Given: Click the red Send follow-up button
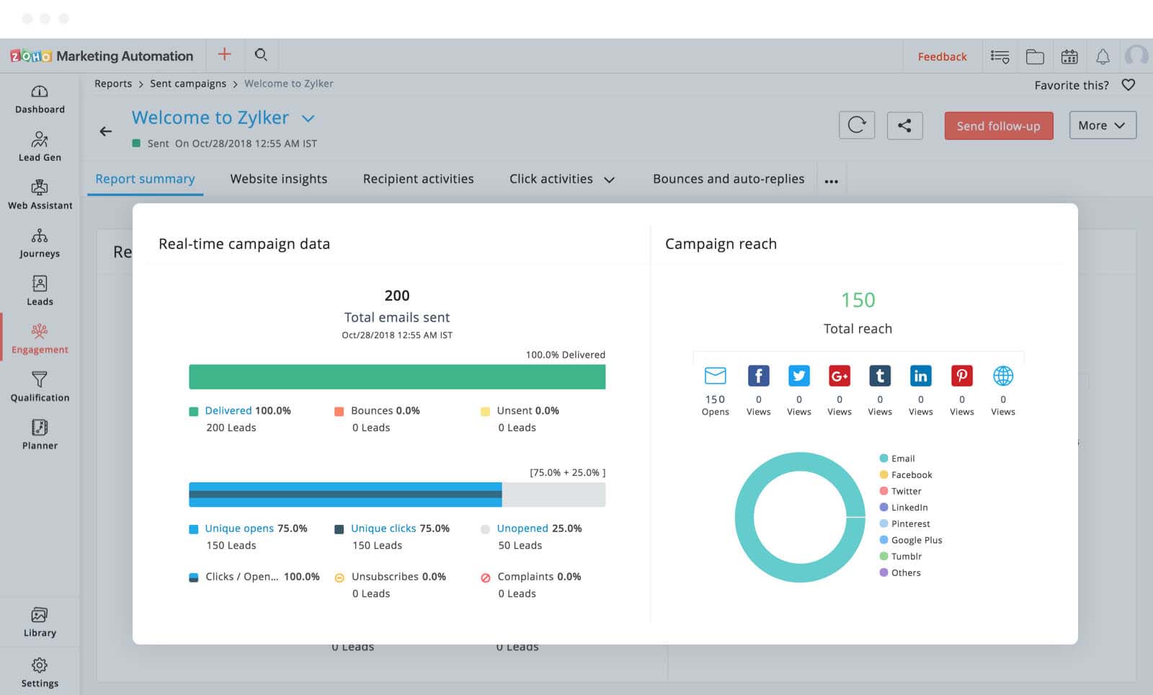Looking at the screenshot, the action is click(x=998, y=126).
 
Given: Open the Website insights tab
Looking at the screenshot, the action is click(x=278, y=179).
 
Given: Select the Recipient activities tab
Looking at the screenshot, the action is click(x=418, y=179).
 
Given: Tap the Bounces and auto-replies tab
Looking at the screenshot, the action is click(x=728, y=179).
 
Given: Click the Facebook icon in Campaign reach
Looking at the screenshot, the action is click(x=758, y=376).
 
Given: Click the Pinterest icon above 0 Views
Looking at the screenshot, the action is click(x=961, y=376).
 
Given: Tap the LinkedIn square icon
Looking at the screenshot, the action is click(x=920, y=376).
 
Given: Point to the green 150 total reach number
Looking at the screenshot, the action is click(x=858, y=300).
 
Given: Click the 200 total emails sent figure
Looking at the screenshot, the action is click(x=396, y=296).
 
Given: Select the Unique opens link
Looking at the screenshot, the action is click(x=239, y=528).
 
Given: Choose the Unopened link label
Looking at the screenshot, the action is click(x=522, y=528).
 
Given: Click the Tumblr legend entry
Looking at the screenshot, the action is click(x=906, y=557).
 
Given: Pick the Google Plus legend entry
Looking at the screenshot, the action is click(x=916, y=540).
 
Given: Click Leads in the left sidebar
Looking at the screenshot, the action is click(x=40, y=291).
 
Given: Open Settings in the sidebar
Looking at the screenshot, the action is click(x=40, y=672).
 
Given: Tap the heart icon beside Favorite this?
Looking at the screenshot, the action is click(x=1128, y=85).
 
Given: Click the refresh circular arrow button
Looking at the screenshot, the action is click(x=857, y=125).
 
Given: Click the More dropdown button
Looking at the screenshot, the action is click(x=1102, y=125).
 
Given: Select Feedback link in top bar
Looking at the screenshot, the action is click(x=942, y=56).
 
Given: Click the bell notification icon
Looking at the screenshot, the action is click(x=1103, y=56).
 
